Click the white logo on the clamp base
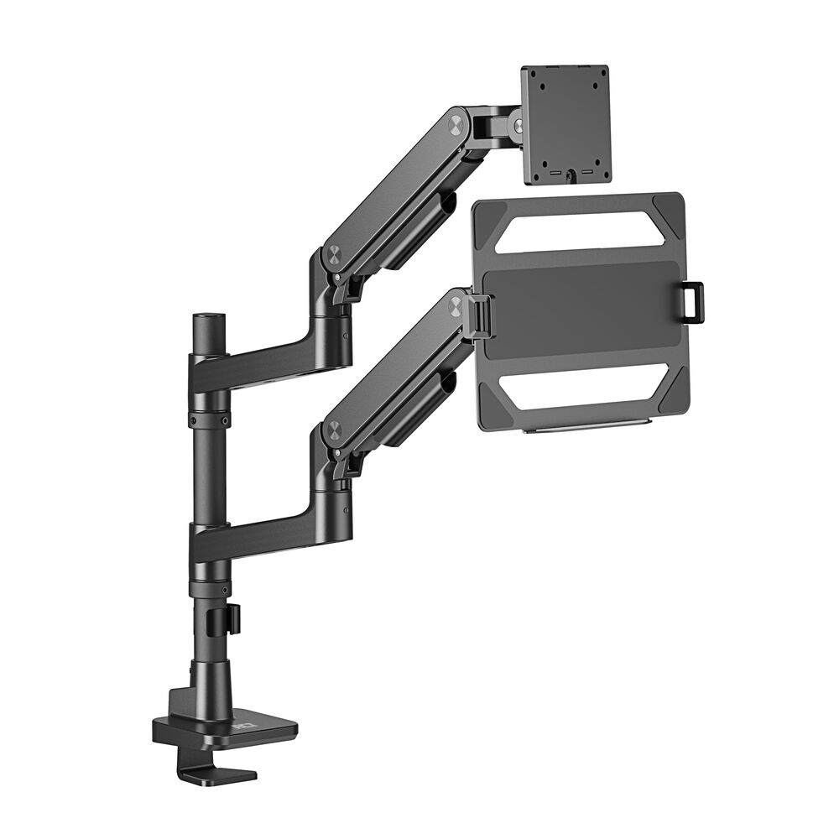(x=244, y=717)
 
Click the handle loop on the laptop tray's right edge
(x=692, y=301)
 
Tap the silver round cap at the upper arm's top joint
(x=456, y=124)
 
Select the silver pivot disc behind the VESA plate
(x=519, y=126)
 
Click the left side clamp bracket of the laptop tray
(x=482, y=315)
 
